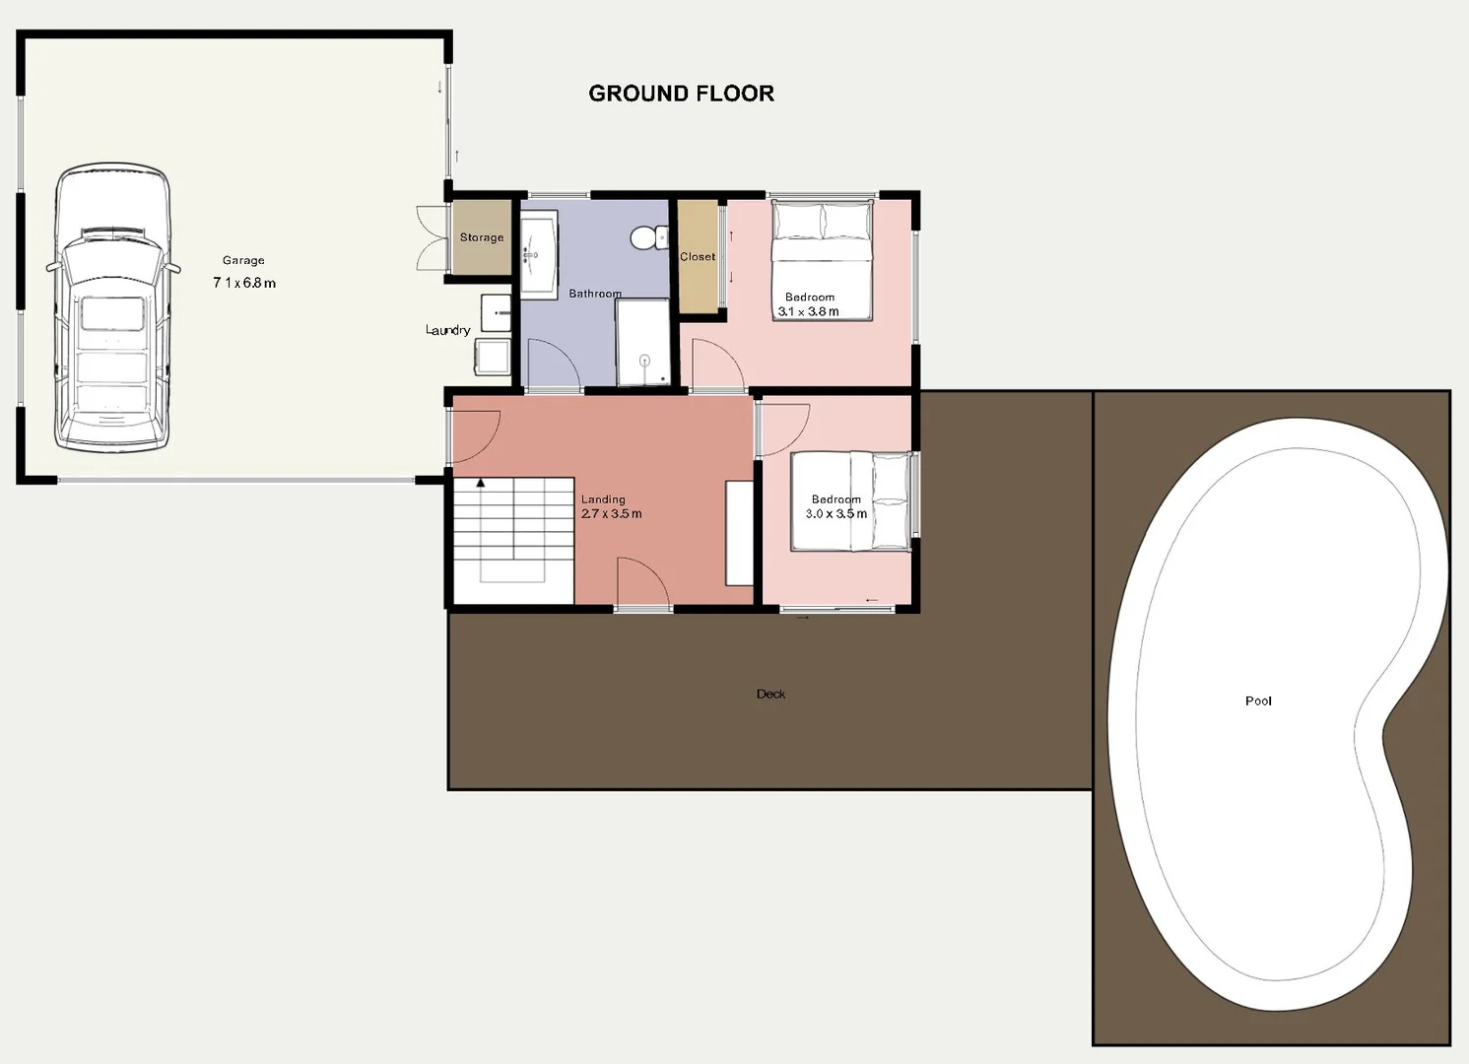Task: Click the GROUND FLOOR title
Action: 682,93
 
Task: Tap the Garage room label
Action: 243,260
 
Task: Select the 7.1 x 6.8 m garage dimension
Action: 244,283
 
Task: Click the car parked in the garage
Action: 112,306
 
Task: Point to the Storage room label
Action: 482,237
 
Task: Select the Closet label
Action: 698,257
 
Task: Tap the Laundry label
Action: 448,330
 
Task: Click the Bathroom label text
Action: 595,293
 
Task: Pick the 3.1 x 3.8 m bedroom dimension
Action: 809,311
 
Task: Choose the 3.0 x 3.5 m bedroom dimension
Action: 836,514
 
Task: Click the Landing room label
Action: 603,499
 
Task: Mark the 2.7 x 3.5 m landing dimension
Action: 611,514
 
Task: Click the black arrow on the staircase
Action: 481,483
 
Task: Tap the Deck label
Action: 770,694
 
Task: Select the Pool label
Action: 1258,700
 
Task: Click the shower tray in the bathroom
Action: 642,342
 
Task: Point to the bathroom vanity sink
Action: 539,254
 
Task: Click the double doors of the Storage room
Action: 431,238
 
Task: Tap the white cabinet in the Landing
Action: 739,533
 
